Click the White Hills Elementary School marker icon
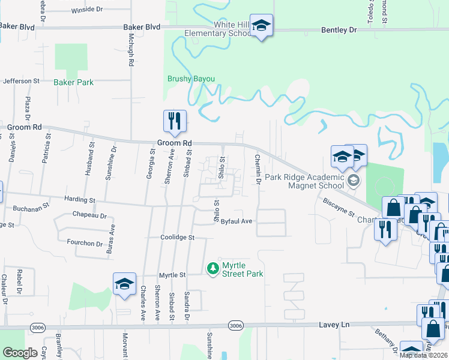[x=261, y=26]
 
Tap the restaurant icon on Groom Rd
[x=175, y=122]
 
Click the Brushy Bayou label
[x=191, y=79]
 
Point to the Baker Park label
[x=73, y=82]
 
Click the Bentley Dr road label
[x=339, y=29]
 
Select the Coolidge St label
[x=178, y=238]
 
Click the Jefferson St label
[x=21, y=80]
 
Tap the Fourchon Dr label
[x=85, y=243]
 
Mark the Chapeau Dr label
[x=89, y=215]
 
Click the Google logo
[x=20, y=353]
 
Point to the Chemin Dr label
[x=258, y=169]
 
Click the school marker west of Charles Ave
[x=124, y=284]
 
